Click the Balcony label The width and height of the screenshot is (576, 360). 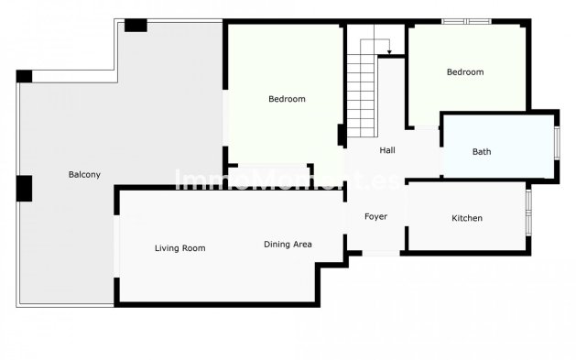(x=84, y=174)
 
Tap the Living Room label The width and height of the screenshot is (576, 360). (x=179, y=248)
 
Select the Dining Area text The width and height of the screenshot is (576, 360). (x=288, y=244)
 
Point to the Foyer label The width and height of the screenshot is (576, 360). (x=375, y=217)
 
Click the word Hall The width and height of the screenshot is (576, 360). (x=387, y=150)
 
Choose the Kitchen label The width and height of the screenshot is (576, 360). (x=467, y=218)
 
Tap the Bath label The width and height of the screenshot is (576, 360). (x=481, y=151)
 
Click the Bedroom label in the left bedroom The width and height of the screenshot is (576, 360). (x=287, y=99)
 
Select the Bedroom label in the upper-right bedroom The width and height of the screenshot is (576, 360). (x=465, y=72)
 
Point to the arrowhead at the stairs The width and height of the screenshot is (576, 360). (x=389, y=52)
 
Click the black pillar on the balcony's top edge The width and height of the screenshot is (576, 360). (x=136, y=26)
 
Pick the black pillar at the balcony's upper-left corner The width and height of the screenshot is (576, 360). (x=24, y=76)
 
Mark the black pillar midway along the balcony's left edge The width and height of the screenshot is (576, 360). (x=24, y=188)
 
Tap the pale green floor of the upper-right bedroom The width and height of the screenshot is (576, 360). (x=467, y=96)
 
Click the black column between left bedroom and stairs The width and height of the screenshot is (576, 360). (x=342, y=135)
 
